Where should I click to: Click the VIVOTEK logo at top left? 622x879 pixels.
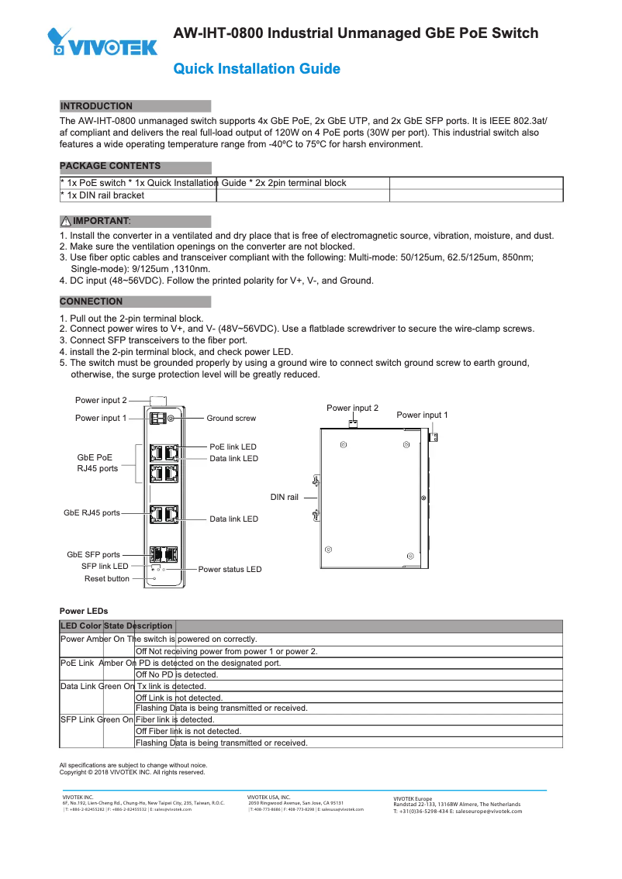[102, 43]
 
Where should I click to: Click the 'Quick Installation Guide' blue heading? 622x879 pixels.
[257, 69]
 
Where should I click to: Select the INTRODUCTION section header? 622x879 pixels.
[97, 106]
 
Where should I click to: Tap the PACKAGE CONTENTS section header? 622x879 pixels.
[111, 166]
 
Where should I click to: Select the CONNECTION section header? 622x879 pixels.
[92, 302]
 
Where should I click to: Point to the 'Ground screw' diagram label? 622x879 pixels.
[230, 419]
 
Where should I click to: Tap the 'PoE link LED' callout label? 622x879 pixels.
[233, 447]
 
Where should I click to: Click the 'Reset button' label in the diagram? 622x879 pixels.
[107, 578]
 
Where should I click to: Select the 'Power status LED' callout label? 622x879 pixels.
[230, 569]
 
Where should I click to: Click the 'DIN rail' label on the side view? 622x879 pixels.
[284, 497]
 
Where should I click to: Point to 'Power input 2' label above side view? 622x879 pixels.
[352, 408]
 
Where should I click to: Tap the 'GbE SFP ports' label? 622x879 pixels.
[93, 554]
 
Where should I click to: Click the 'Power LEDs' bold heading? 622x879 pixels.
[84, 611]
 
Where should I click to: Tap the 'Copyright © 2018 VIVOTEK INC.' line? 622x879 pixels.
[132, 772]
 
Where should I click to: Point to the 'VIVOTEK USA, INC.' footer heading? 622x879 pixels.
[268, 797]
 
